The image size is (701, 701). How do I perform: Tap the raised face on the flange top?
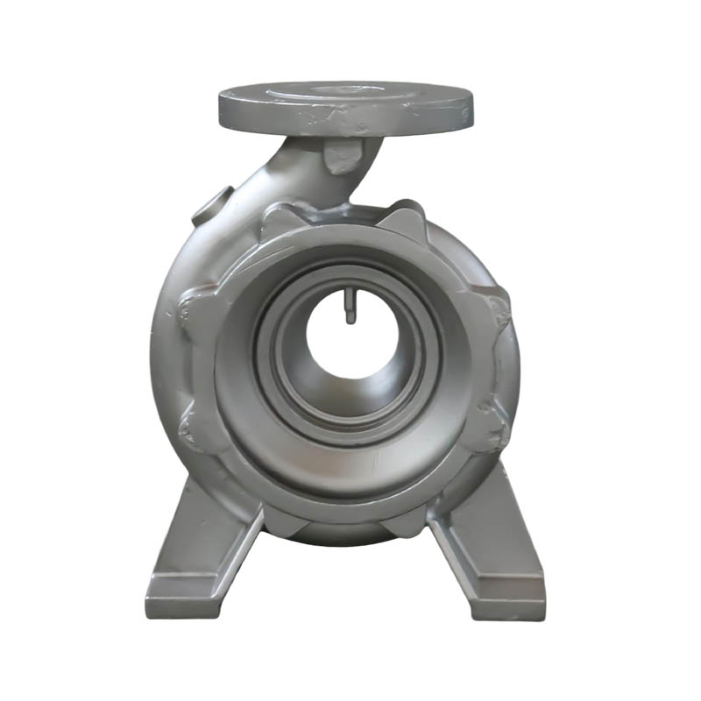(x=350, y=91)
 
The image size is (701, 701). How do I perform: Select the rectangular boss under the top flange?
(x=341, y=156)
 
